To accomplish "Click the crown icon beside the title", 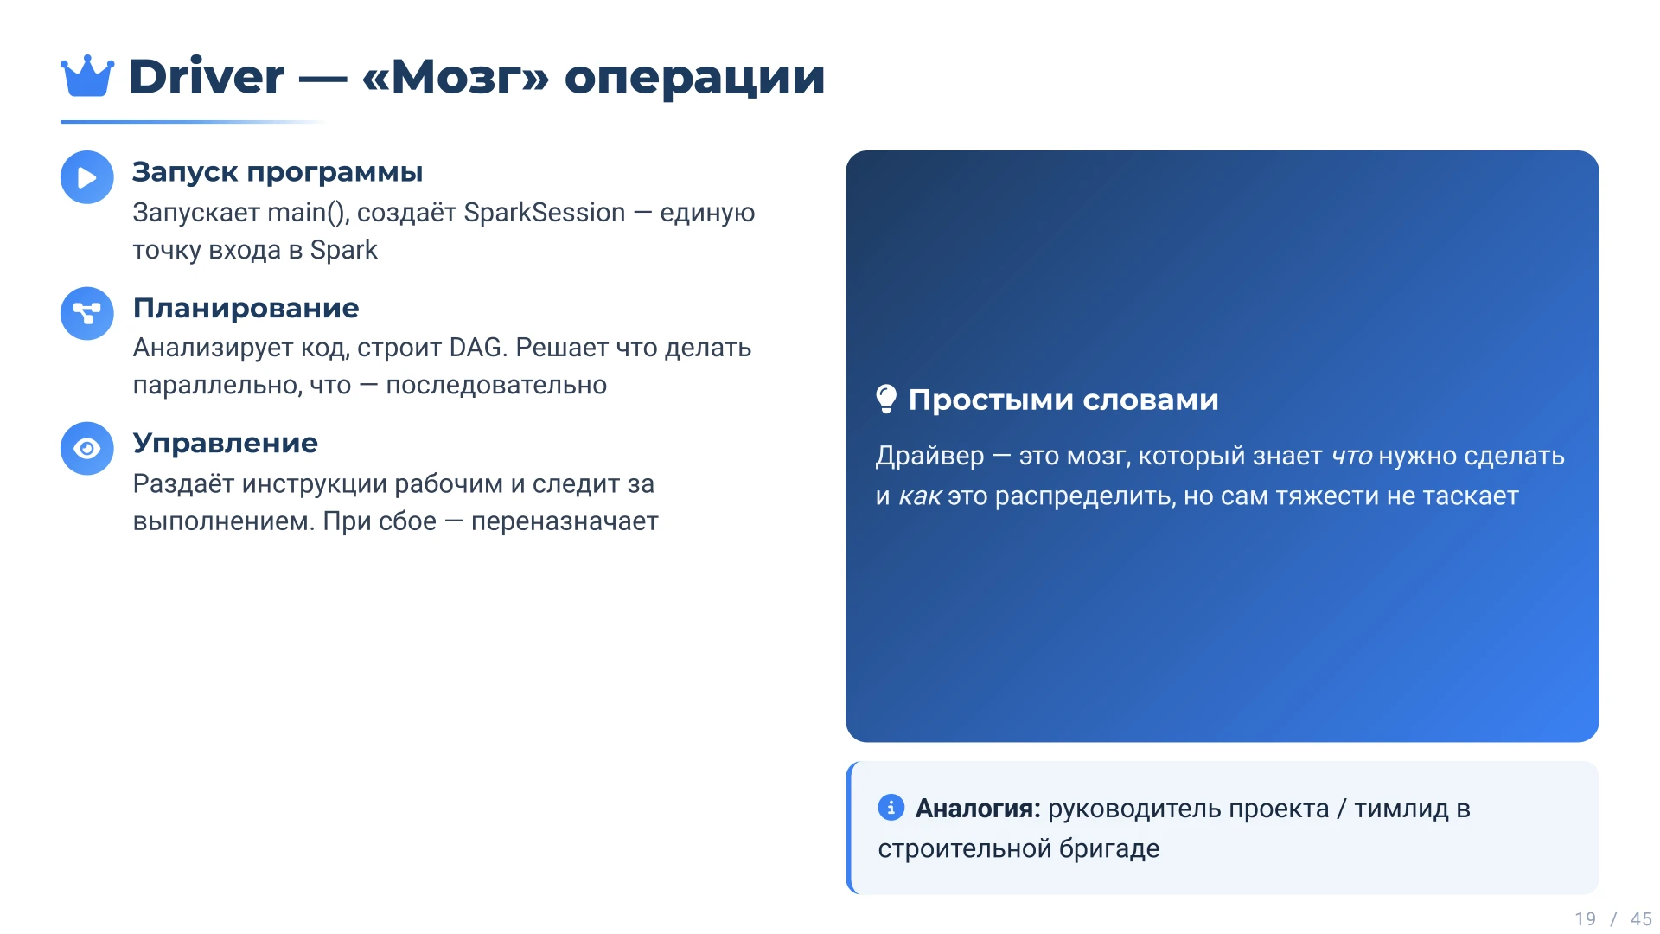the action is [87, 76].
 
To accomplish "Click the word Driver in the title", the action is [206, 76].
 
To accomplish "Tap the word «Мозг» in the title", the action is [456, 76].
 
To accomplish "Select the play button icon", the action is [87, 177].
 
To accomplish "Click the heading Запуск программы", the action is [278, 172].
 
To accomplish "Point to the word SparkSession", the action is [545, 213].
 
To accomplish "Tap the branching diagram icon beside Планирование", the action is [87, 313].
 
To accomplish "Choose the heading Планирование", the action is [246, 308].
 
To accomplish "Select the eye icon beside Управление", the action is [87, 448].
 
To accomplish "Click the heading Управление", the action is [226, 444].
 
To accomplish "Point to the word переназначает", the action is [565, 521].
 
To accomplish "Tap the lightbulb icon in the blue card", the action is [886, 399].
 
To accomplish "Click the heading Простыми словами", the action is [1063, 400].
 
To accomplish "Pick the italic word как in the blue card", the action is [920, 496].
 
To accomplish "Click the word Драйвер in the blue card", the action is [930, 456].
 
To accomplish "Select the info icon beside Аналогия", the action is [891, 807].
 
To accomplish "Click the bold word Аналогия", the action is [978, 809].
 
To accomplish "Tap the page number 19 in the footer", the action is [1586, 919].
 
